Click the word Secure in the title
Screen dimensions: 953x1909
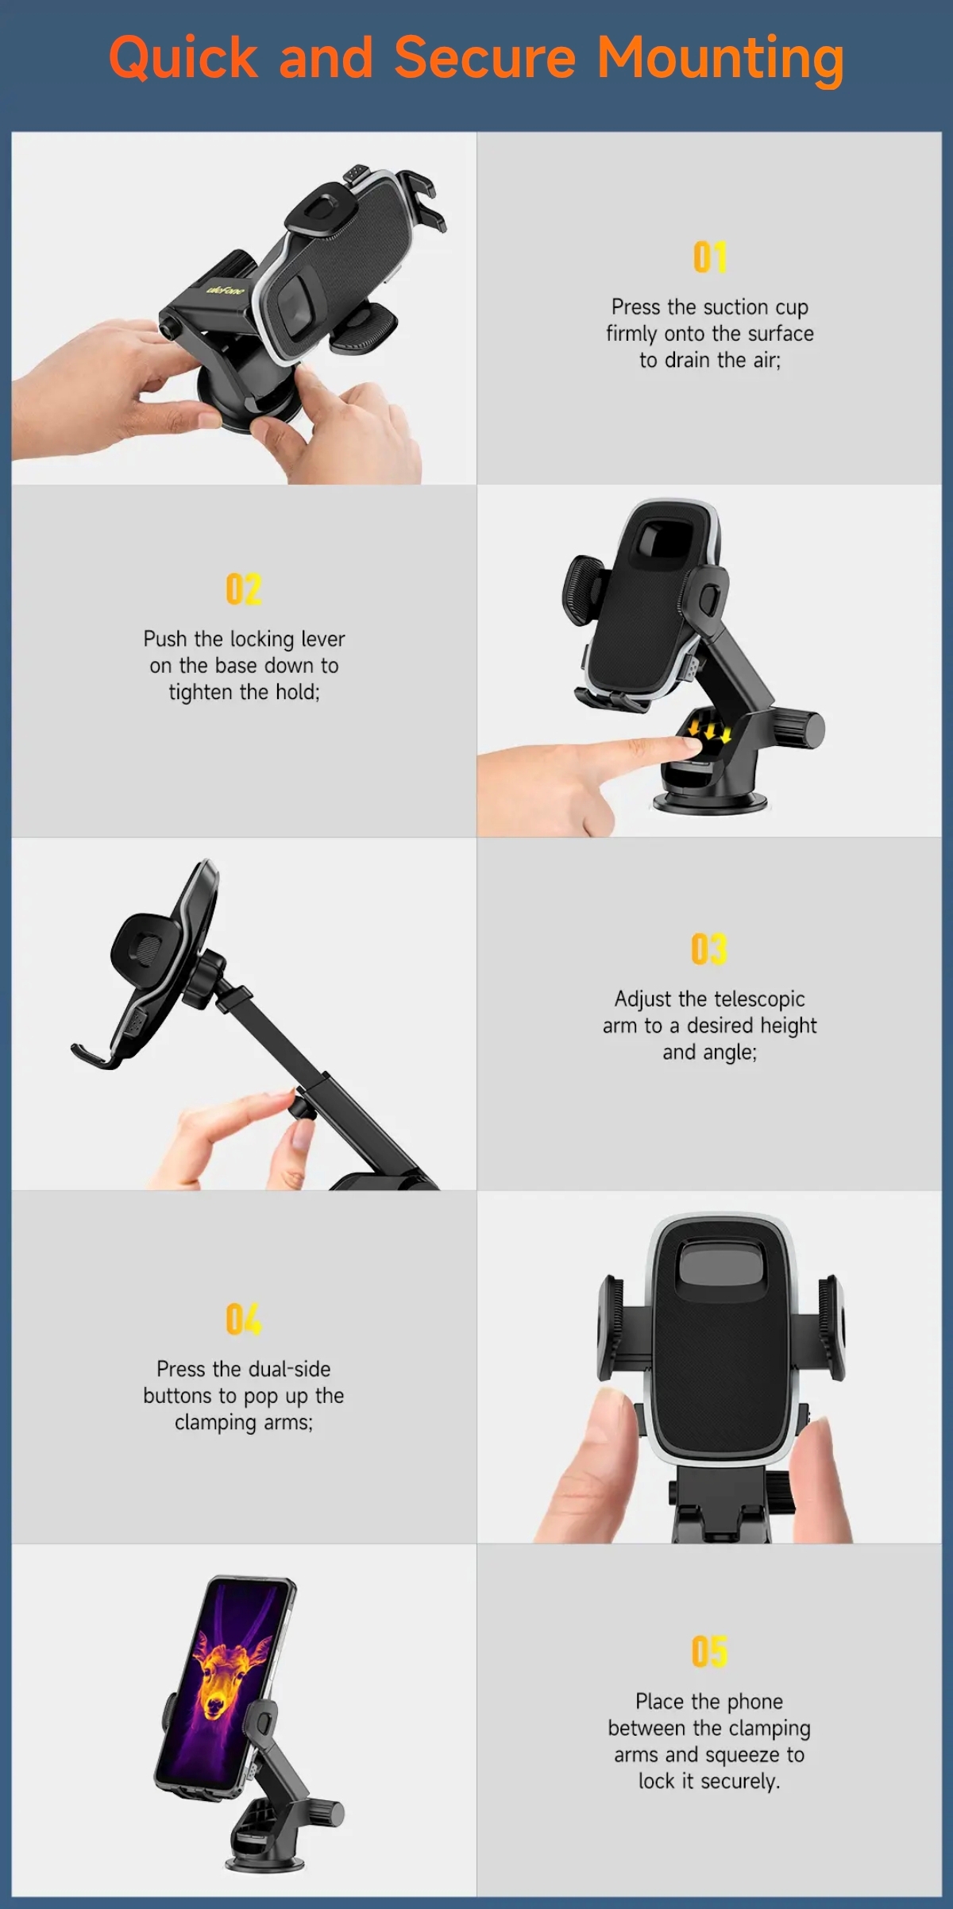click(484, 57)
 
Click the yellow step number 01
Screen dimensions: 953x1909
click(709, 257)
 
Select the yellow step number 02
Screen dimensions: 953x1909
click(243, 589)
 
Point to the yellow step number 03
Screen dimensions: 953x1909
click(708, 949)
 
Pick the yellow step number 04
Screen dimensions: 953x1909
click(243, 1319)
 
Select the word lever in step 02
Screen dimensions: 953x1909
click(322, 639)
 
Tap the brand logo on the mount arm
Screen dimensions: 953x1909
click(226, 291)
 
